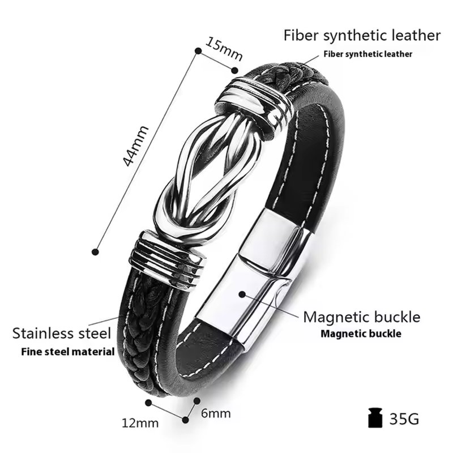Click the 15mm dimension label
224,49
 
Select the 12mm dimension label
140,423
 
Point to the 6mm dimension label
216,413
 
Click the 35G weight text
404,418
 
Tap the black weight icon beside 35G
375,418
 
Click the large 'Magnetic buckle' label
361,317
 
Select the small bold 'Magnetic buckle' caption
361,334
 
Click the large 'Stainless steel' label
62,333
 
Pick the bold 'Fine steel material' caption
68,352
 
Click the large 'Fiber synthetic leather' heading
362,35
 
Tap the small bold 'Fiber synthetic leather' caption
367,54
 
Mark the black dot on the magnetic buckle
242,294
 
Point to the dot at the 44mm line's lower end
95,252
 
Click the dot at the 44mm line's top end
198,51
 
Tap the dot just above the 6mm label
196,401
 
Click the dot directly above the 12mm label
148,403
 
